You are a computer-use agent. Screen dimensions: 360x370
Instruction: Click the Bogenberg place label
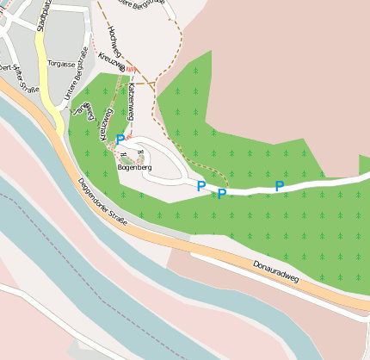point(134,167)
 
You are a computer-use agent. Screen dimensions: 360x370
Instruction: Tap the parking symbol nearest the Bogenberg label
point(120,139)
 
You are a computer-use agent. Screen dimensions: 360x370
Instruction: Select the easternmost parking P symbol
point(280,185)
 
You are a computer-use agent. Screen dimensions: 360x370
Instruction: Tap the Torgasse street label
point(62,64)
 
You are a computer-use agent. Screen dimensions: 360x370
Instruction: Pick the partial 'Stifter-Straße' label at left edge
point(22,82)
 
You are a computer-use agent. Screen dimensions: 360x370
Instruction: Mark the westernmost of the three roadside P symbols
point(201,185)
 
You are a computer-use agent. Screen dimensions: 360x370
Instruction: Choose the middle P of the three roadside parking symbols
point(221,194)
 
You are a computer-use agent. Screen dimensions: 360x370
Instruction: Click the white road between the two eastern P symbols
point(251,188)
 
